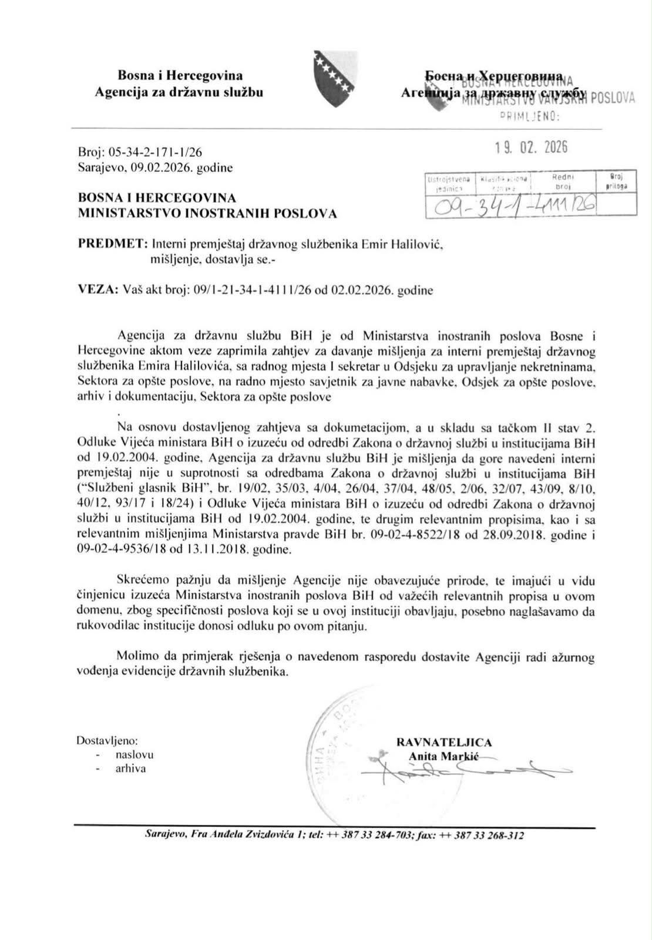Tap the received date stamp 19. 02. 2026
click(531, 147)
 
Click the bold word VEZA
click(96, 290)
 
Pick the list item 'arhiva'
click(131, 768)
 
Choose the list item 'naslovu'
click(135, 755)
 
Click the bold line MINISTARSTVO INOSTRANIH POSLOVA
click(207, 214)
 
